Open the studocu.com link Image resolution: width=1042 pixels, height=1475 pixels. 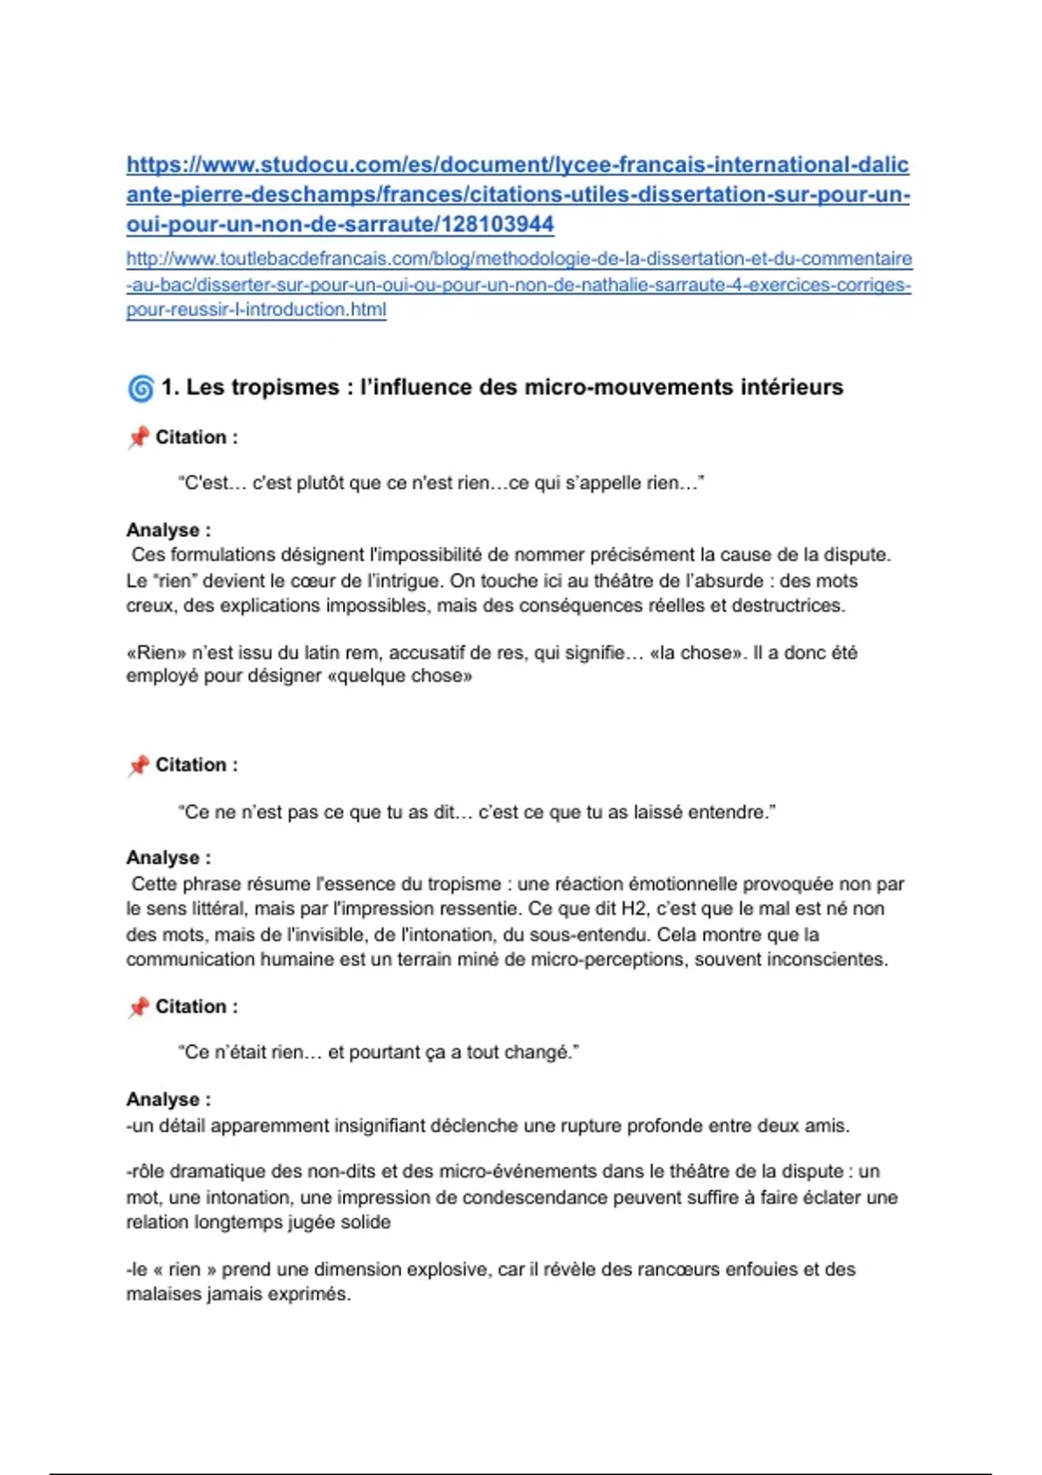518,193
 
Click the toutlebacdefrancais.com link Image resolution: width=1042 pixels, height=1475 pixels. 518,284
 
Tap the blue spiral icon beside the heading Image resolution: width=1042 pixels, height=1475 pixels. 141,388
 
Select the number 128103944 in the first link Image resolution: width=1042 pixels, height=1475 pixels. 498,224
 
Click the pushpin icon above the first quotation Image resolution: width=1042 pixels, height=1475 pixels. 138,437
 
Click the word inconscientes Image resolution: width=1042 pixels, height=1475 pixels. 834,960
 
